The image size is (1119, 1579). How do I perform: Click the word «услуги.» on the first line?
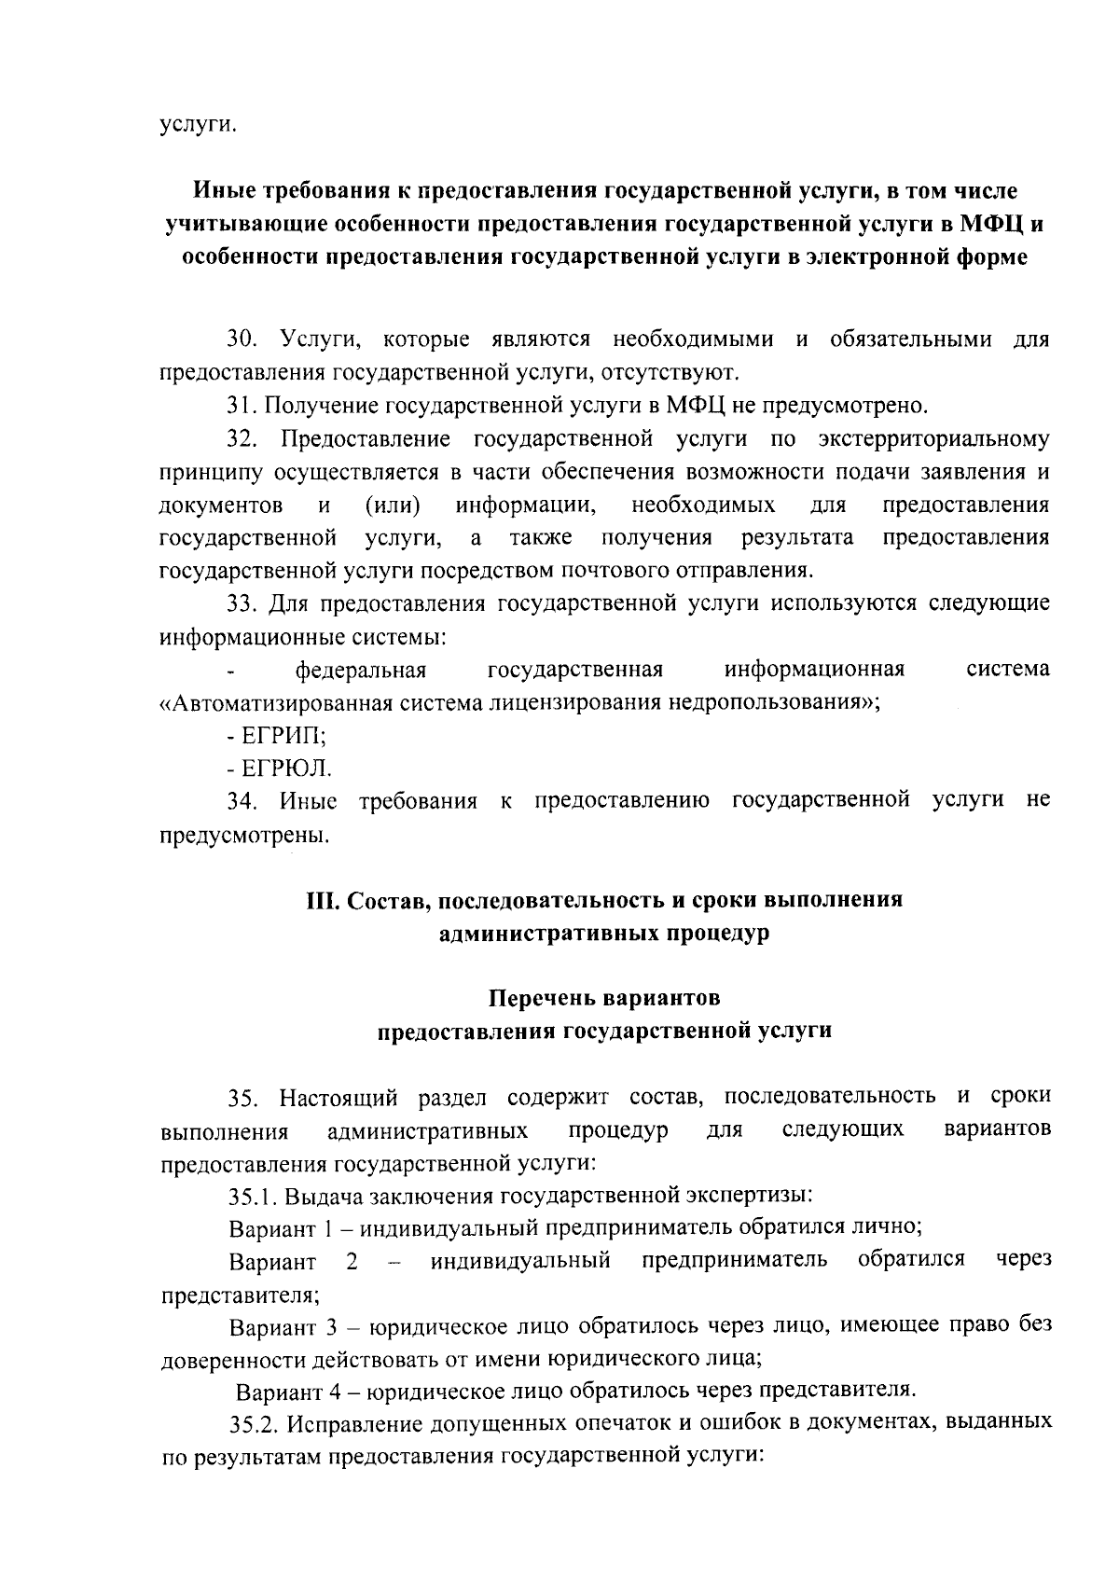coord(196,125)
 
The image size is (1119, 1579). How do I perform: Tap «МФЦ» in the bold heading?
coord(990,224)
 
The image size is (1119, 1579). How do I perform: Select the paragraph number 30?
coord(243,339)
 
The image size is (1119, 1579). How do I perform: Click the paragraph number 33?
coord(243,603)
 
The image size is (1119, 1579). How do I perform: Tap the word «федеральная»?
coord(361,670)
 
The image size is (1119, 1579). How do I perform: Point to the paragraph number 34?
coord(243,800)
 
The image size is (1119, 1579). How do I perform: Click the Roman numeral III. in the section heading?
coord(324,901)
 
